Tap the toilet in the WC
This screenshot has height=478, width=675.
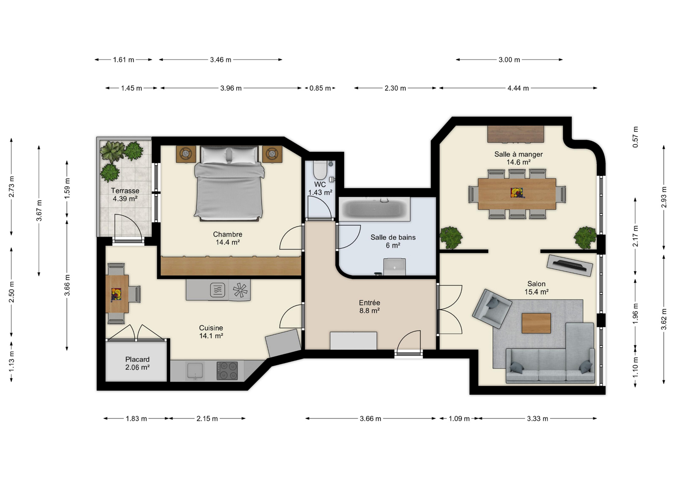(320, 170)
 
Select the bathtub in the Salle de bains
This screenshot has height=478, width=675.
(374, 209)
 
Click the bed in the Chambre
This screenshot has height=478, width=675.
(229, 183)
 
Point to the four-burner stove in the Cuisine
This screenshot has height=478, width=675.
(227, 371)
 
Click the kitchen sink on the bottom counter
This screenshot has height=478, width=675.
(195, 371)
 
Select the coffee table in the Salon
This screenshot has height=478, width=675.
(536, 323)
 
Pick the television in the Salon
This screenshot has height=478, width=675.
(570, 265)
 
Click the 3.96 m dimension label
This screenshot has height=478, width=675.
(231, 88)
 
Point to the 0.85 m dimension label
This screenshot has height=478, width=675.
(320, 88)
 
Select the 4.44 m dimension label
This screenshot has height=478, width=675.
(518, 88)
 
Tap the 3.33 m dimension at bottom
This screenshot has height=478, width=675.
(537, 419)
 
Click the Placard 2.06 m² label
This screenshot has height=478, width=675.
(137, 363)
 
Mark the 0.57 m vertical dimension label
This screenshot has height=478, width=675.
(635, 137)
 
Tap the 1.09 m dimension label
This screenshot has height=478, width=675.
(459, 419)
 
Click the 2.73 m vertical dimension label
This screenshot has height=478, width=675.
(12, 187)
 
